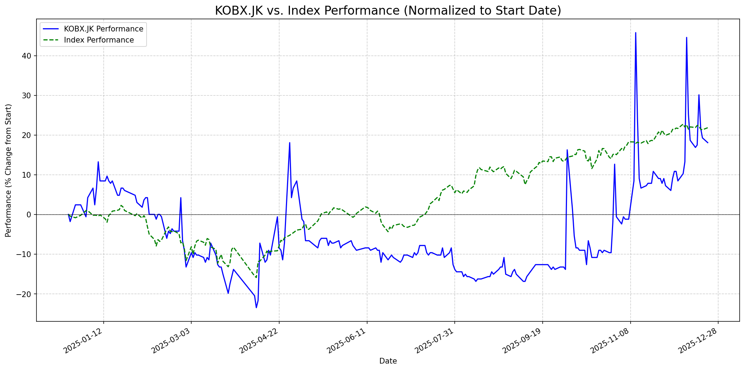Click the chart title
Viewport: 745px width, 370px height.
[x=388, y=11]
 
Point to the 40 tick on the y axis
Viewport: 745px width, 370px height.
[x=28, y=56]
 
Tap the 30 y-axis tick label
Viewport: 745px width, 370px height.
[x=28, y=95]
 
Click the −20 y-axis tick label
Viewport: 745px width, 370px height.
[x=26, y=294]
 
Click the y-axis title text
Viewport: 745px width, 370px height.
[x=9, y=170]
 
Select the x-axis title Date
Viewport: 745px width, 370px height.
[x=388, y=361]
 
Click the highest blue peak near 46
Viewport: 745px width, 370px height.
[x=635, y=33]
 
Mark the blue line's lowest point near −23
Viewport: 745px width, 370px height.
[x=256, y=307]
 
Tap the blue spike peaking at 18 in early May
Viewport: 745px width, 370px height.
[x=290, y=143]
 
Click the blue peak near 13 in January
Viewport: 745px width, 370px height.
[x=98, y=162]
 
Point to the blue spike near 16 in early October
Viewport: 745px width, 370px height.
[x=567, y=150]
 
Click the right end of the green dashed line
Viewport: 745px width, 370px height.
[x=707, y=128]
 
